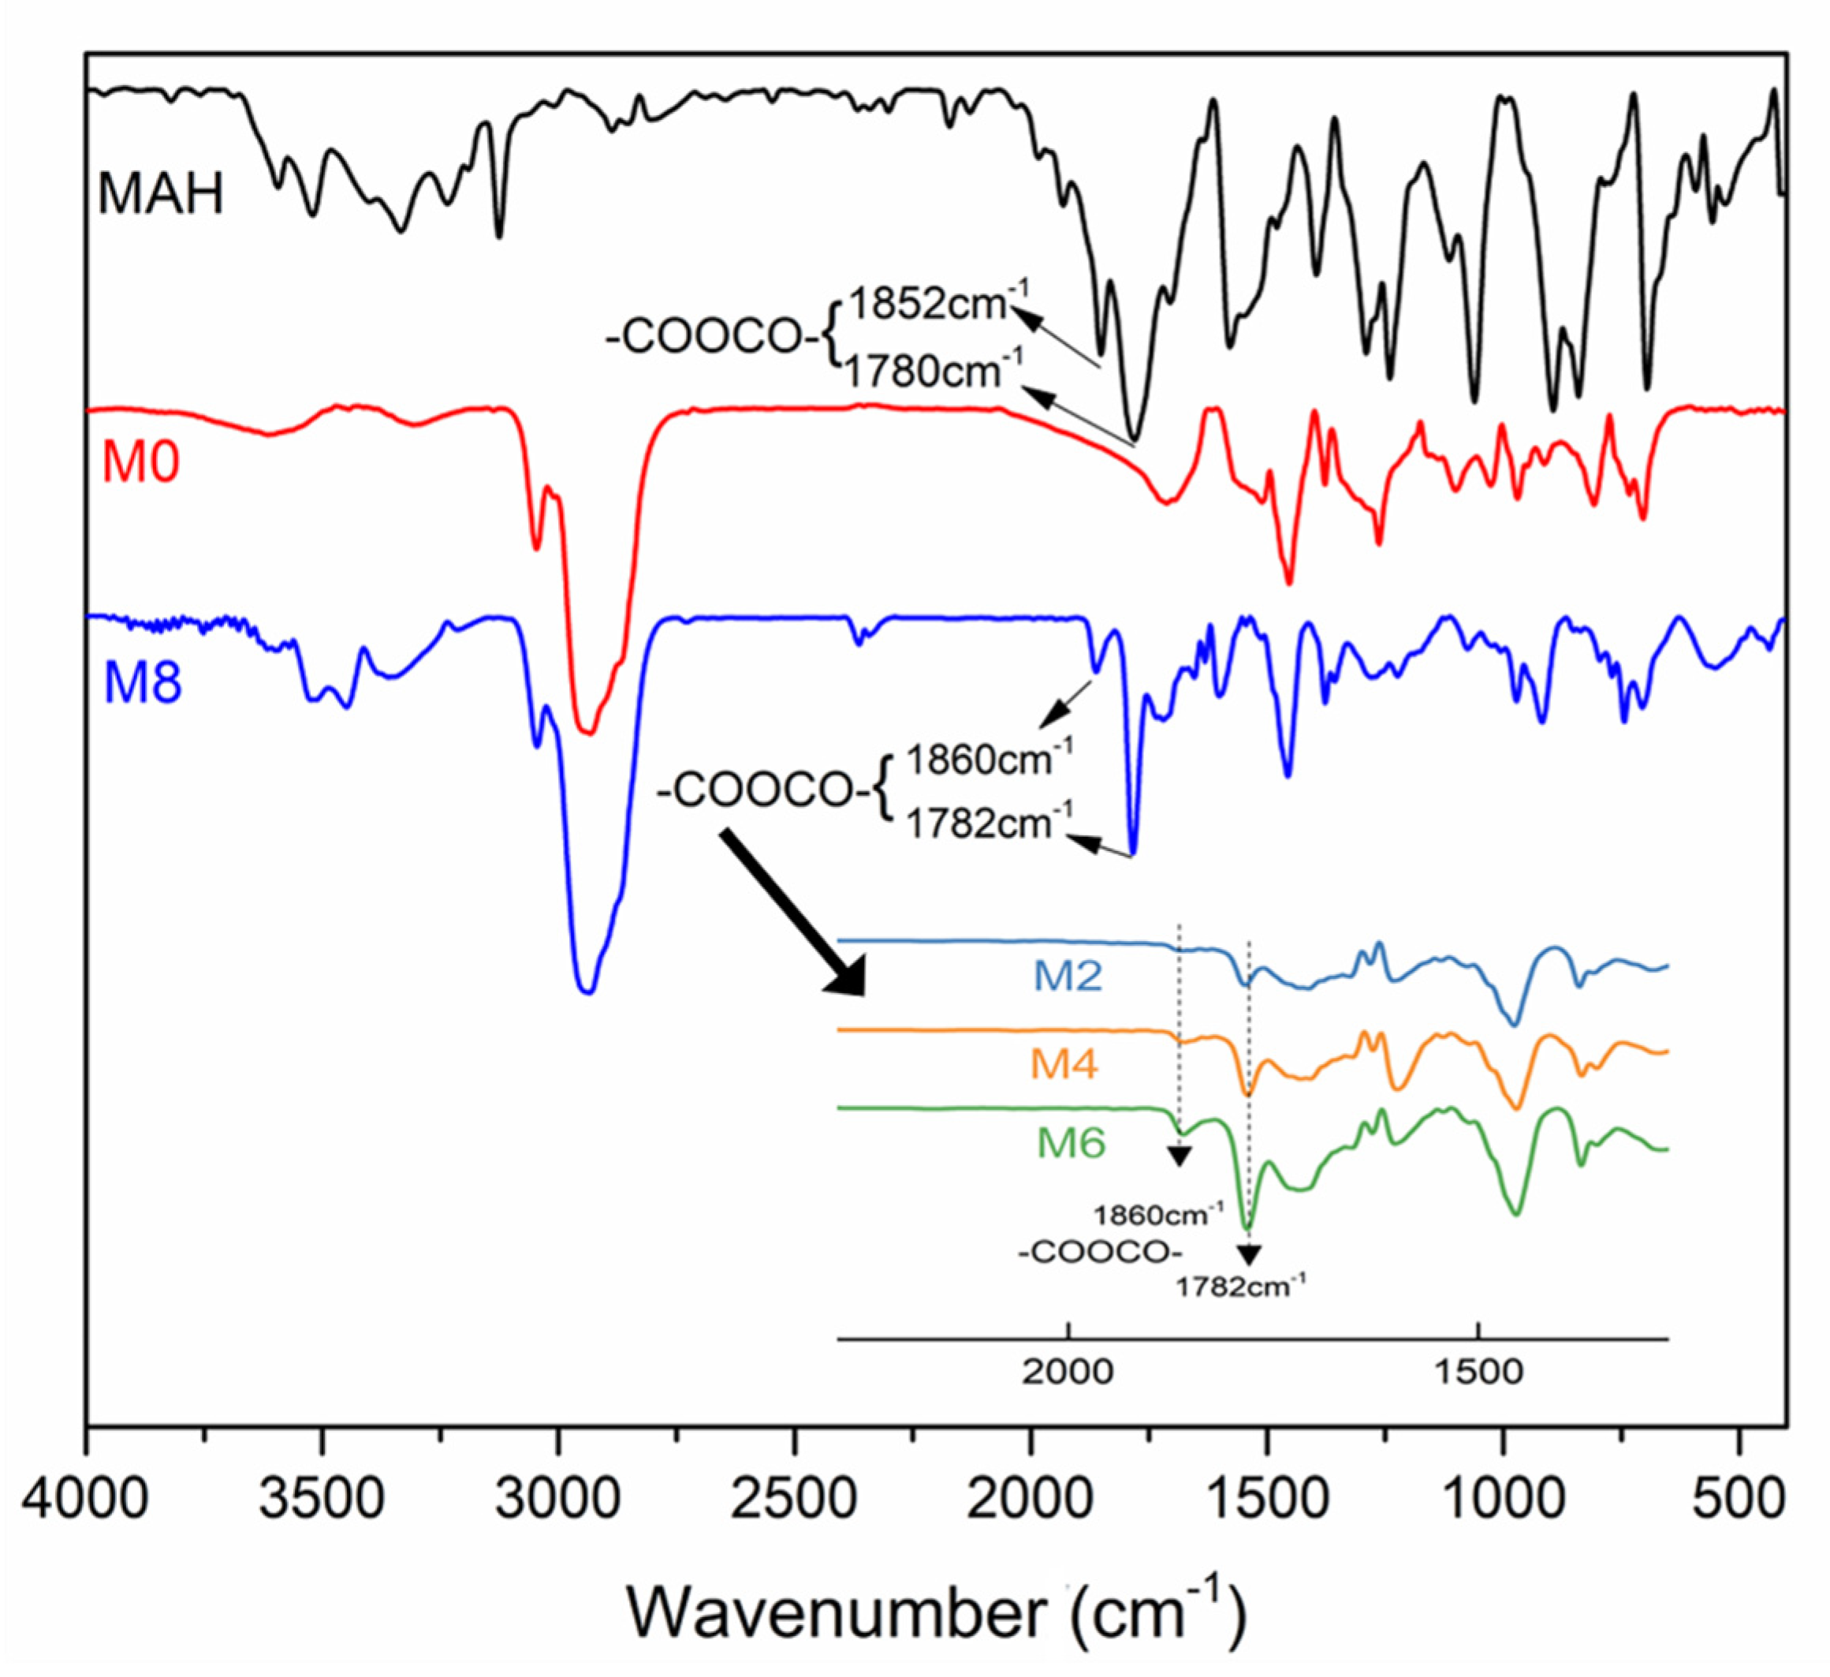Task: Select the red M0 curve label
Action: (140, 462)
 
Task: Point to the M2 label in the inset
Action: (1068, 976)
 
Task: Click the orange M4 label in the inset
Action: (1064, 1063)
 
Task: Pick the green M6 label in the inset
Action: (1072, 1142)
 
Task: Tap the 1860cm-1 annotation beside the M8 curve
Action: (989, 758)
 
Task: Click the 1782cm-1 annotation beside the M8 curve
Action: (989, 823)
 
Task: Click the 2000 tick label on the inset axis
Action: (1068, 1372)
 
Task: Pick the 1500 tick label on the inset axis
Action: (1478, 1372)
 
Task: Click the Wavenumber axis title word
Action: (835, 1613)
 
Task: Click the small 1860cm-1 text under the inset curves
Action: (1158, 1214)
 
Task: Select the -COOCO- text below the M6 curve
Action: (1099, 1254)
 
